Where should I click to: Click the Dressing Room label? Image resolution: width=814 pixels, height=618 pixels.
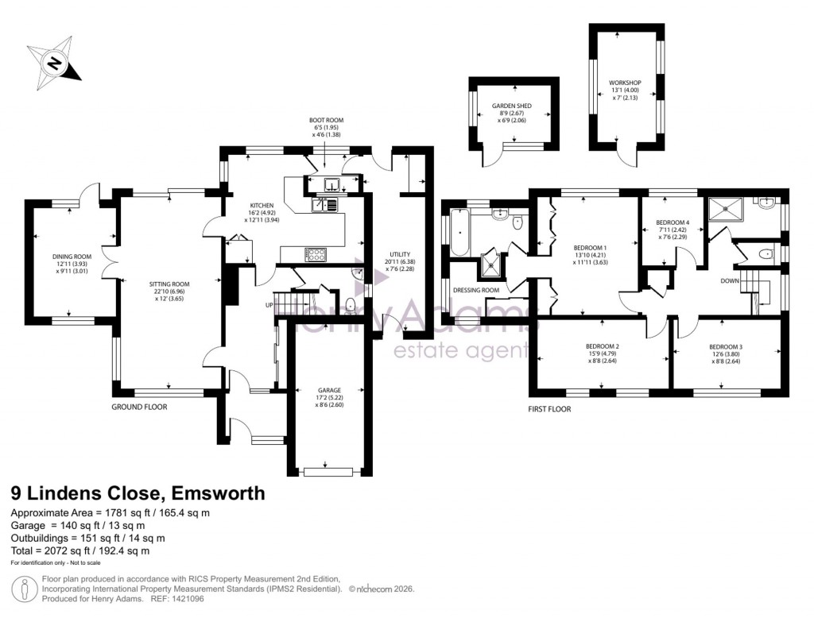[476, 290]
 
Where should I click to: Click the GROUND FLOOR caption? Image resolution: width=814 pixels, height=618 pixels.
[140, 406]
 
